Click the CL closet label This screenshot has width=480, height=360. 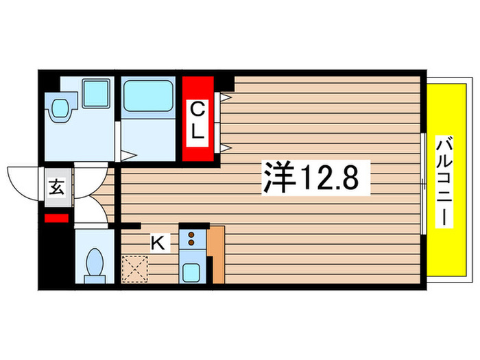pyautogui.click(x=197, y=120)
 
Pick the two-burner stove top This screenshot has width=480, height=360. pyautogui.click(x=193, y=239)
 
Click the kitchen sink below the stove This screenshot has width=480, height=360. pyautogui.click(x=193, y=269)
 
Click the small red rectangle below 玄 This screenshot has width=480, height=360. pyautogui.click(x=56, y=219)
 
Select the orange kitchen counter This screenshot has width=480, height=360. pyautogui.click(x=217, y=254)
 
